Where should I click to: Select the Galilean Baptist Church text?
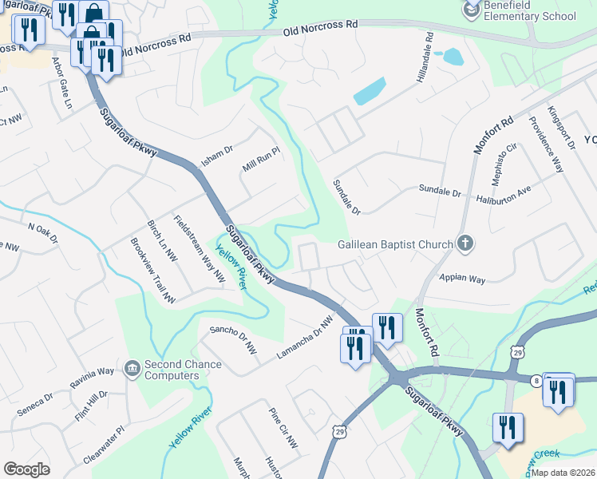394,244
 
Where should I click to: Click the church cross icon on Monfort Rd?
466,244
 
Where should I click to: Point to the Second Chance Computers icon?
132,369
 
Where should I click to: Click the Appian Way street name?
462,279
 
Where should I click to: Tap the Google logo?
26,469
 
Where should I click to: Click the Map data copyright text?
563,473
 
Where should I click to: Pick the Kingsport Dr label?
561,127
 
